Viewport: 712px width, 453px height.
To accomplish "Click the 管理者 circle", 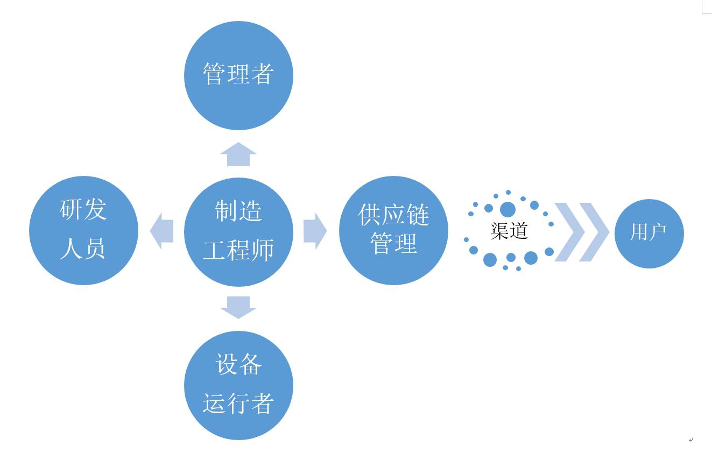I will [x=238, y=75].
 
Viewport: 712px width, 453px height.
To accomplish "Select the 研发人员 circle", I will [x=83, y=230].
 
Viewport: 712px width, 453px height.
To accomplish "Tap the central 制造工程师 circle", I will [x=238, y=232].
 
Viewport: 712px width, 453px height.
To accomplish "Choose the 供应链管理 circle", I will [x=393, y=230].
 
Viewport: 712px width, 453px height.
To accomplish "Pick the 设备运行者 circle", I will [x=238, y=385].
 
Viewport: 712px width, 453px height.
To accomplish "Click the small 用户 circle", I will [x=649, y=233].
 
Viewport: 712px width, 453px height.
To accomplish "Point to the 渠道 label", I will [x=509, y=231].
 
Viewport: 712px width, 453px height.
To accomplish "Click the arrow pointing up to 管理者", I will [x=238, y=154].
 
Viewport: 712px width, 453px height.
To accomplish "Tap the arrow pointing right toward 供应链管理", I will [x=315, y=231].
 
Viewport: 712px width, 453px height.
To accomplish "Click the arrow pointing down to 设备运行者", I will [x=238, y=307].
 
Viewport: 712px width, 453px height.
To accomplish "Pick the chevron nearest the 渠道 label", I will [x=569, y=232].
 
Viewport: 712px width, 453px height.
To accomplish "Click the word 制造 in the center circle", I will [x=238, y=211].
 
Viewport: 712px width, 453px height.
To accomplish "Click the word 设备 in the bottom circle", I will [x=238, y=364].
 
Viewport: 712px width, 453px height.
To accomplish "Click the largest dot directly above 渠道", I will [x=507, y=209].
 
